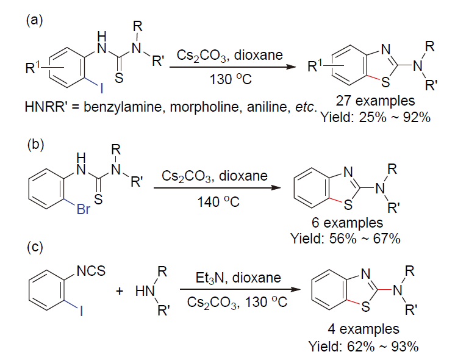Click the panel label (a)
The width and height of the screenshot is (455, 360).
coord(34,21)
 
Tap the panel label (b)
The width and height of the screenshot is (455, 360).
coord(36,144)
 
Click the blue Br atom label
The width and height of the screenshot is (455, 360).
coord(84,209)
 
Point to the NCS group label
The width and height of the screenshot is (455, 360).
coord(91,271)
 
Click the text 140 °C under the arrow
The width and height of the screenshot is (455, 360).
coord(218,201)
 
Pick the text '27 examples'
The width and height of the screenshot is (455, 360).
coord(376,101)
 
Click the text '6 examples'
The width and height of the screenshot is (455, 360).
coord(347,223)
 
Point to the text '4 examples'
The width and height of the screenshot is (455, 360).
coord(364,329)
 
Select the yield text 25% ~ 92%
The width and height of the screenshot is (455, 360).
coord(395,117)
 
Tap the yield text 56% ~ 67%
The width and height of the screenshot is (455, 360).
coord(365,239)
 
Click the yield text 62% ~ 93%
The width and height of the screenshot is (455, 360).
coord(382,346)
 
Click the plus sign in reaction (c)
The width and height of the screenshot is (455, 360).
coord(120,290)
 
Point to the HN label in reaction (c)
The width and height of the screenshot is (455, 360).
coord(145,291)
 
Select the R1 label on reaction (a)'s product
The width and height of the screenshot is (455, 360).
coord(315,66)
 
